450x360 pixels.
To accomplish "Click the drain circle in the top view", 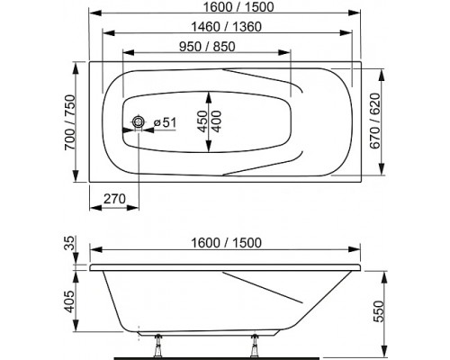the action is (139, 121).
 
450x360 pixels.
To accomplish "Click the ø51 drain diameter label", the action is (165, 122).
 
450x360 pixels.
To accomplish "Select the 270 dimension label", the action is (114, 199).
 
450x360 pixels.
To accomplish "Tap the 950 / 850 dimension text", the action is (207, 47).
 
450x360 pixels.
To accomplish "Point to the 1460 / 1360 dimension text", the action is (227, 27).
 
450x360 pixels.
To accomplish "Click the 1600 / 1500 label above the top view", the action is (238, 7).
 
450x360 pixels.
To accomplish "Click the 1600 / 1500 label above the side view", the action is (227, 243).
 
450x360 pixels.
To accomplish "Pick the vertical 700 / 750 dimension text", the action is (70, 122).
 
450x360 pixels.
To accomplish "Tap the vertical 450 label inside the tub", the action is (202, 121).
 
